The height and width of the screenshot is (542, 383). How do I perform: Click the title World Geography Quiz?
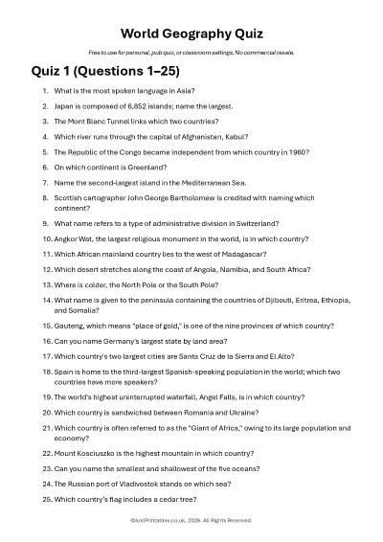click(191, 30)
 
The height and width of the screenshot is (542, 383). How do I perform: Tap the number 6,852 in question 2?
click(132, 105)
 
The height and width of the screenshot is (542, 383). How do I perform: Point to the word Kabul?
click(229, 137)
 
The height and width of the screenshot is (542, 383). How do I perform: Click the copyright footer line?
click(191, 520)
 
